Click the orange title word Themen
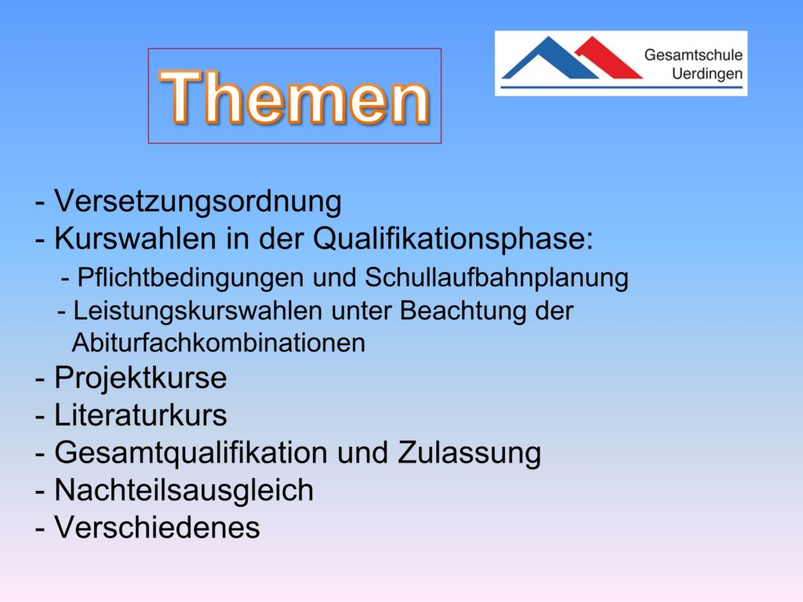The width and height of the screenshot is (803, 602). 295,96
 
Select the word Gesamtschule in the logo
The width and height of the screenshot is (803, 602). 693,55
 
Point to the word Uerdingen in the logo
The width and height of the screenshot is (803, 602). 707,74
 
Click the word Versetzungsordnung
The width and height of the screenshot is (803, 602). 198,201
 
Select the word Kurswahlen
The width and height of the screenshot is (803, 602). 135,238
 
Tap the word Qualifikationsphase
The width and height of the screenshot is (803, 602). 452,239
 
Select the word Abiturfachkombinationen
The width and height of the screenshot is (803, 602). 219,343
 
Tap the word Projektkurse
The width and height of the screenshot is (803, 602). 140,379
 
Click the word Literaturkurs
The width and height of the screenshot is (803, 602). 140,415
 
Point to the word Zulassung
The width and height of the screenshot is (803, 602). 469,453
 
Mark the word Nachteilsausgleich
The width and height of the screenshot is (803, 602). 183,491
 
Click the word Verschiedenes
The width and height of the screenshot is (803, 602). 157,528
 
